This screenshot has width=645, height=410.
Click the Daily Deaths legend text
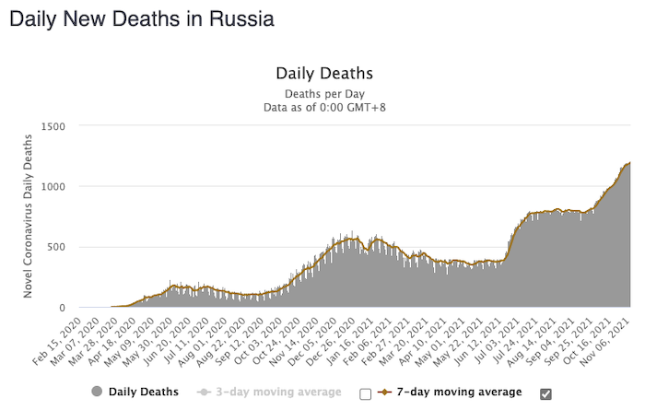(144, 392)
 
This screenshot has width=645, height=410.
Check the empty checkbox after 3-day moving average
(366, 393)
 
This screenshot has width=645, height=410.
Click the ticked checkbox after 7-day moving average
(546, 393)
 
